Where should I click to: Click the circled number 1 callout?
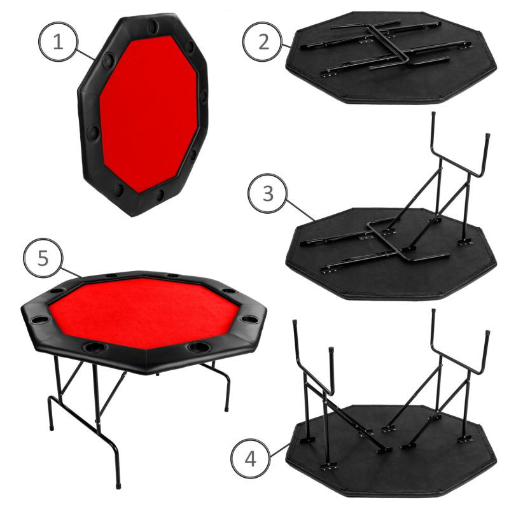point(59,41)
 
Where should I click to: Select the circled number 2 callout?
point(263,41)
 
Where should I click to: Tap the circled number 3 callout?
point(268,193)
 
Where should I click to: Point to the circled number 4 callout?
point(251,458)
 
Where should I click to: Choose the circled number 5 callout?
point(43,258)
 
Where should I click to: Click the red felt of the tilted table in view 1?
point(149,114)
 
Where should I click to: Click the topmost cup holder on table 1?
point(153,27)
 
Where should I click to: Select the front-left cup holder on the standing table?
point(95,347)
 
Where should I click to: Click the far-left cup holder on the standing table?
point(39,320)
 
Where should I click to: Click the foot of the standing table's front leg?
point(118,486)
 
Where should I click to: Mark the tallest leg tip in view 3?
point(433,115)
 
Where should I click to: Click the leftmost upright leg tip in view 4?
point(295,323)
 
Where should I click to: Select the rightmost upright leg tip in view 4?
point(487,333)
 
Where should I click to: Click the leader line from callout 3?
point(300,210)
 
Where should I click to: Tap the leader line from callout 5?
point(71,273)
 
